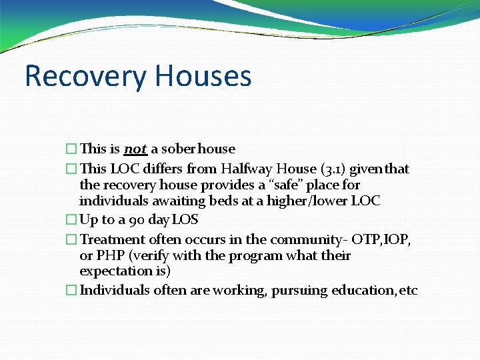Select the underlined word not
coord(135,149)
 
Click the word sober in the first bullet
coord(178,149)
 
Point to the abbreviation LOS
coord(185,220)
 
